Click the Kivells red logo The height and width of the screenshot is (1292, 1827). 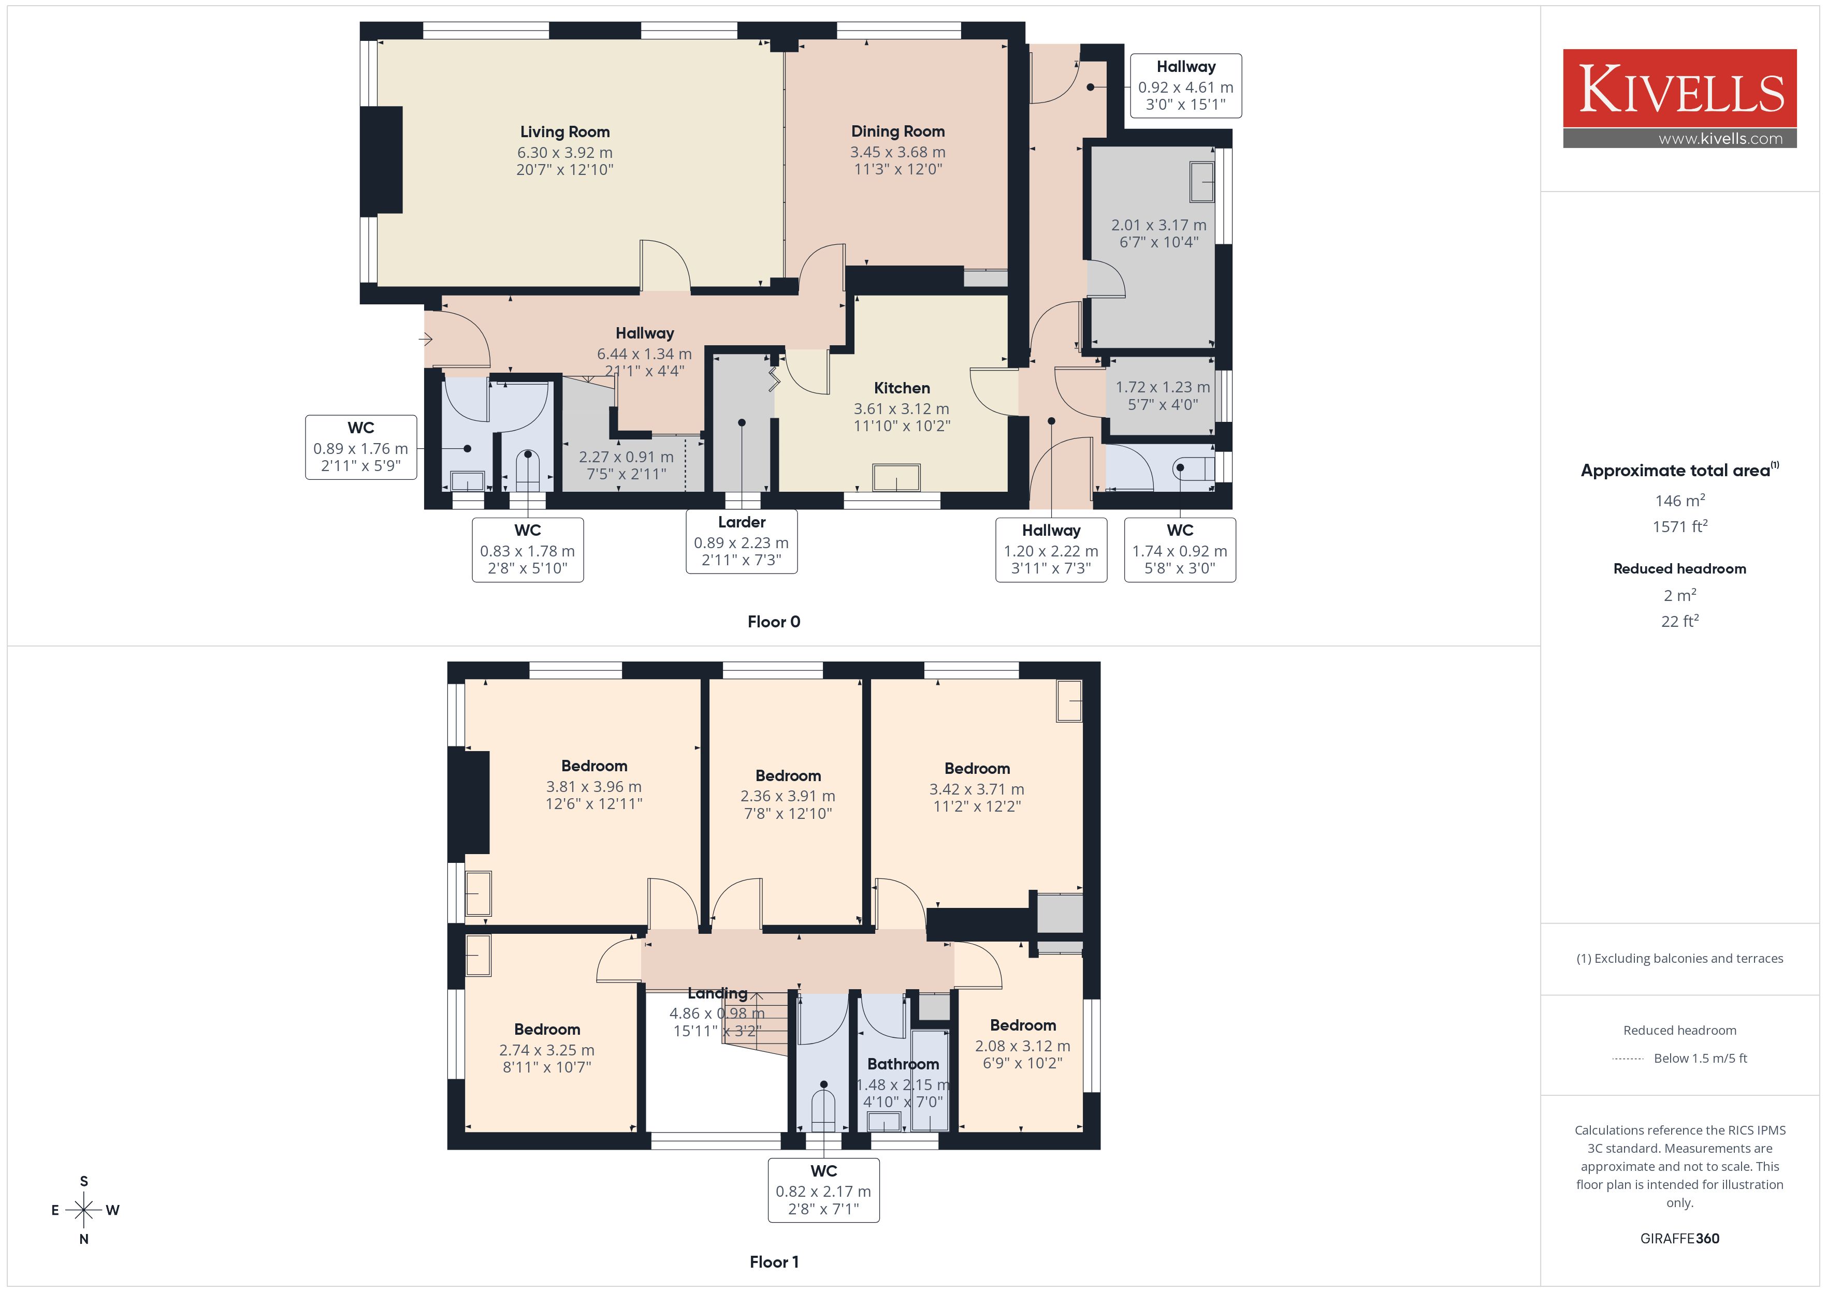coord(1680,89)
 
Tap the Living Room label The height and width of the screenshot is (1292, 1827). coord(565,132)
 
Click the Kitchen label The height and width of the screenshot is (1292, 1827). coord(902,388)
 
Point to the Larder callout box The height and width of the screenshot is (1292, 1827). coord(742,542)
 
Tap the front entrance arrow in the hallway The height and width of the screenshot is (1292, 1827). coord(426,340)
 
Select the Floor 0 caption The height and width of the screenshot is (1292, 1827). coord(774,622)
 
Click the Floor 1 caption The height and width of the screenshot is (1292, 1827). coord(774,1262)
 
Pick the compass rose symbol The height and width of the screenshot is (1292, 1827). coord(83,1210)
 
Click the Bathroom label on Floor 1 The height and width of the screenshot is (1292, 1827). coord(903,1064)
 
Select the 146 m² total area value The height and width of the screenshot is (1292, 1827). coord(1680,501)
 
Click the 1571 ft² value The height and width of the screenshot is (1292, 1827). coord(1680,526)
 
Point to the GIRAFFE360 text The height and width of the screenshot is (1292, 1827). coord(1680,1239)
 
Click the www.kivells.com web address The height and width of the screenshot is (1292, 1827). coord(1720,138)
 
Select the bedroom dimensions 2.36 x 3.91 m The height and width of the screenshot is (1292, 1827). coord(788,796)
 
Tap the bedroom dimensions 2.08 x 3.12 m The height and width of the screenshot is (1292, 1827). coord(1023,1046)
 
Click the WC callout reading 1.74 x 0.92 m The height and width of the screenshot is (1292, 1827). coord(1180,550)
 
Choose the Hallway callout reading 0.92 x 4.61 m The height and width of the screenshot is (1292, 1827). coord(1186,86)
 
